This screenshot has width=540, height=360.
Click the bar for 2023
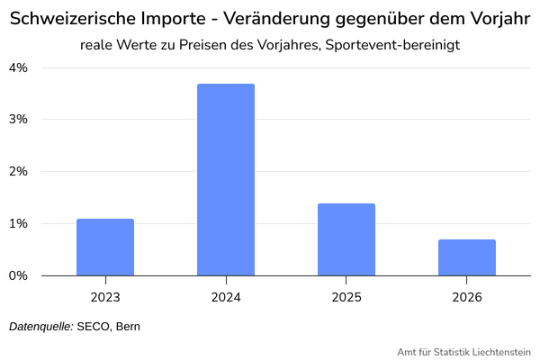[x=105, y=247]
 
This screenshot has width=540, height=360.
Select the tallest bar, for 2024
[x=226, y=179]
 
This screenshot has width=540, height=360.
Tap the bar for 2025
[x=346, y=239]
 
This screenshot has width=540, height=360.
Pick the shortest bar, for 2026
[x=467, y=257]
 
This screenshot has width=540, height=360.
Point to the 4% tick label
[x=18, y=67]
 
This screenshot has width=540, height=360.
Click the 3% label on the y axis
[x=18, y=119]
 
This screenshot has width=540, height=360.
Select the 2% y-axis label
[x=18, y=171]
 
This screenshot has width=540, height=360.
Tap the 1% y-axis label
[x=18, y=223]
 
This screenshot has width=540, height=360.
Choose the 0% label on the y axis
[x=18, y=275]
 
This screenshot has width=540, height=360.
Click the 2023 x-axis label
[x=105, y=297]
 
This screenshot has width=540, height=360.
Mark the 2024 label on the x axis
[x=226, y=297]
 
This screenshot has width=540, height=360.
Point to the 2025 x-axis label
[x=346, y=297]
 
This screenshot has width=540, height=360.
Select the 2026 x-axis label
[x=467, y=297]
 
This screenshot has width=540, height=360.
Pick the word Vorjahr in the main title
[x=500, y=19]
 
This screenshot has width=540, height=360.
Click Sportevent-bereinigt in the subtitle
[x=392, y=45]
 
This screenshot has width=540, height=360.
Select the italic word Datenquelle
[x=41, y=327]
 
